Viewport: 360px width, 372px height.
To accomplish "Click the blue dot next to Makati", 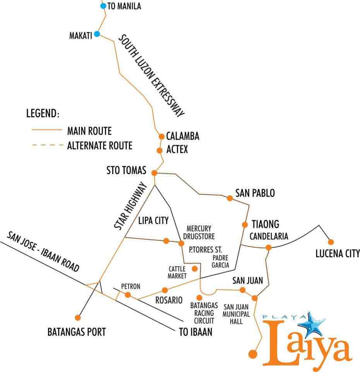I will tap(97, 34).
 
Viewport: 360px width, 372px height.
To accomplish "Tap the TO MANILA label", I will tap(124, 6).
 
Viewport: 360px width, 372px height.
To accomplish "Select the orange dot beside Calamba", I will tap(161, 136).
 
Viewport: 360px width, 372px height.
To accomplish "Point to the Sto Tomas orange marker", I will tap(154, 173).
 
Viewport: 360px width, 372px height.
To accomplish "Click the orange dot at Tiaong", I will tap(245, 224).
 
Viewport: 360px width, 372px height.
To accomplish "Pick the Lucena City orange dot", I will tap(331, 242).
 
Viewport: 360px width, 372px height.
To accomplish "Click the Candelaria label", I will tap(269, 236).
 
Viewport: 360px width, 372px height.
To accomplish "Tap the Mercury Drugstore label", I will tap(199, 232).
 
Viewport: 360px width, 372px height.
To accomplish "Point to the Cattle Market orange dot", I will tap(195, 269).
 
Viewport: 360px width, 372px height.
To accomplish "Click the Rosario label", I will tap(168, 300).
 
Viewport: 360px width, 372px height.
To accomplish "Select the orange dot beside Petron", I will tap(128, 295).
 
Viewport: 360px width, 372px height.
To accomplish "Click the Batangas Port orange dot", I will tap(78, 318).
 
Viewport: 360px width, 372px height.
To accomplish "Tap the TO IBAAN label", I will tap(195, 332).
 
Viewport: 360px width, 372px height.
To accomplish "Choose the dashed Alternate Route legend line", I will tap(46, 146).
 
